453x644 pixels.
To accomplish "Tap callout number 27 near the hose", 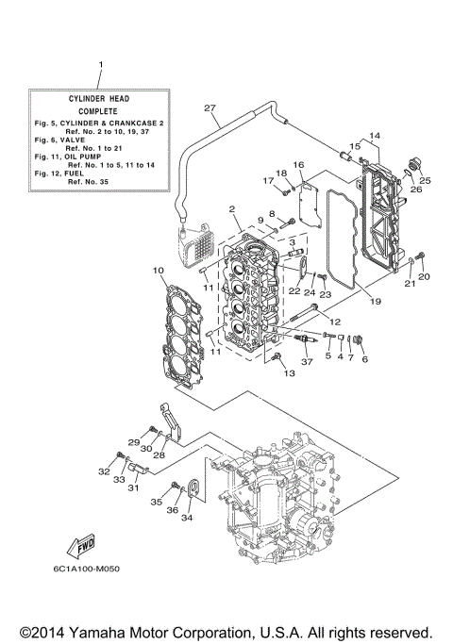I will (x=210, y=107).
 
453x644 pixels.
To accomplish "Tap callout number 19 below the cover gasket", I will (x=376, y=302).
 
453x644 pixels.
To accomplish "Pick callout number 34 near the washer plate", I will (x=187, y=518).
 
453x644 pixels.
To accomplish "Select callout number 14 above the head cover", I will (x=374, y=136).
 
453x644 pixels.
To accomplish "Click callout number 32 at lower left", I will (x=105, y=470).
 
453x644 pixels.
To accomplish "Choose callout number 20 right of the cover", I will (x=424, y=277).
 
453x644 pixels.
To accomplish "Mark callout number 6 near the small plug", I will (x=364, y=359).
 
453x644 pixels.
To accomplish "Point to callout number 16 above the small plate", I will (x=298, y=165).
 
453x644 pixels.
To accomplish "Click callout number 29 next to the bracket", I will (x=133, y=442).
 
